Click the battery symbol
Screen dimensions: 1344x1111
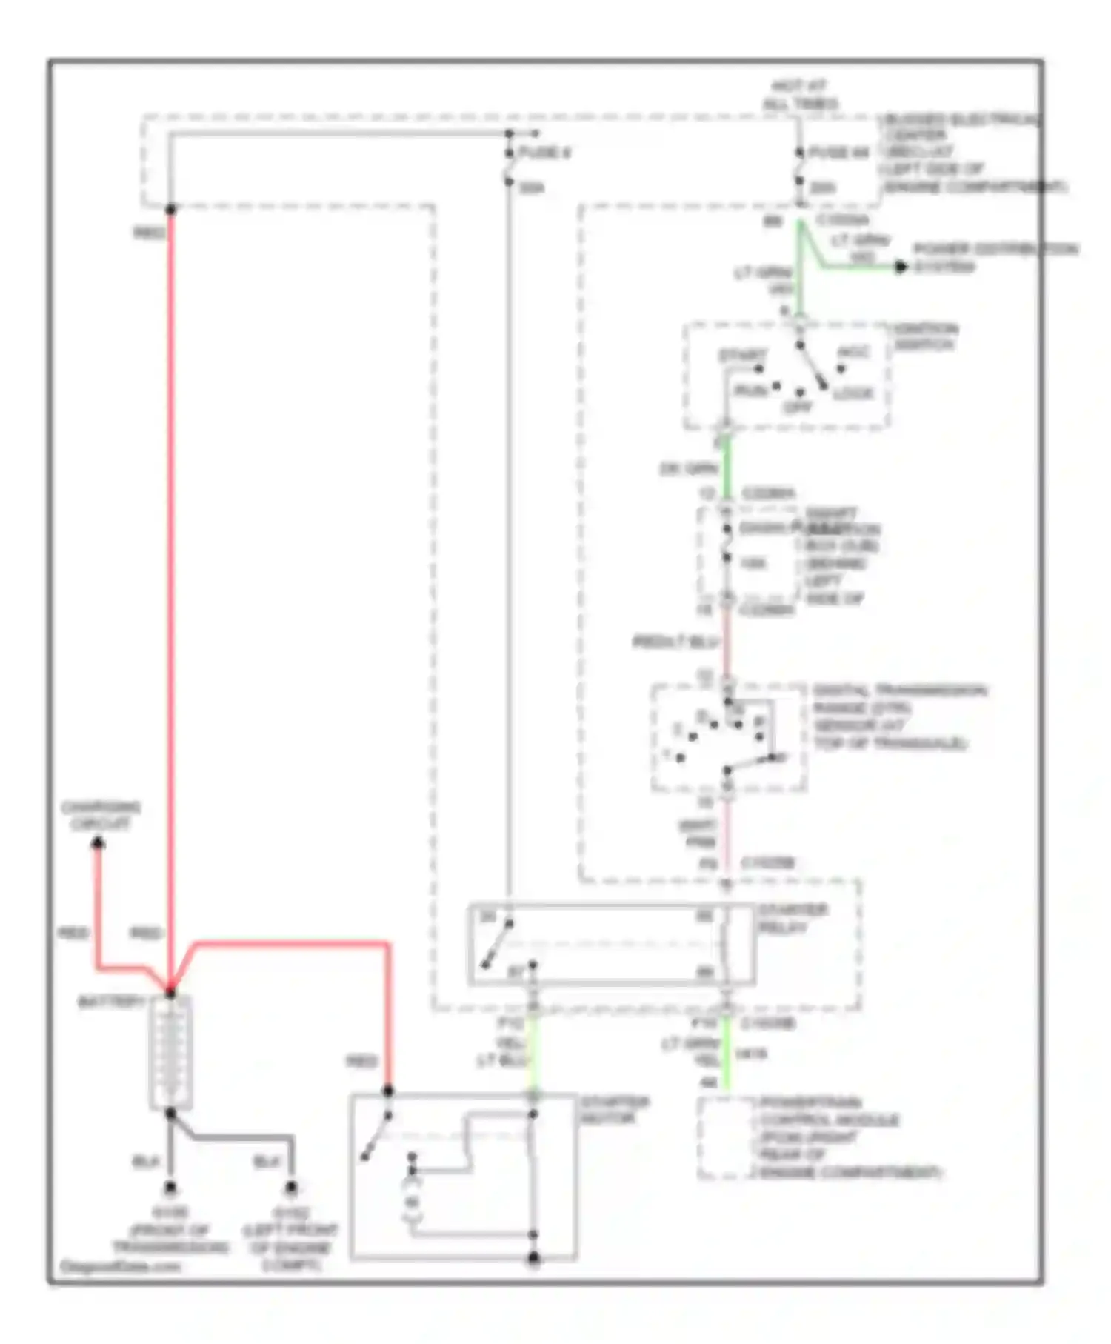pos(171,1052)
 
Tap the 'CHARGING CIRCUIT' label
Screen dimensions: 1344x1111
pos(101,815)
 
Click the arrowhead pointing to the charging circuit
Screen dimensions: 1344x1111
pos(97,843)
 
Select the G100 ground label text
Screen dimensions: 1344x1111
pos(170,1231)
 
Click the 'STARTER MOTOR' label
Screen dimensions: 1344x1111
pos(614,1110)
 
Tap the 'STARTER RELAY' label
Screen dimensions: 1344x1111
pos(793,919)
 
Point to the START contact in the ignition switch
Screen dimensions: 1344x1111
pos(759,368)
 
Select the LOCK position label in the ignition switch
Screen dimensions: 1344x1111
pos(853,393)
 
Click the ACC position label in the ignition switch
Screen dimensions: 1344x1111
pos(853,352)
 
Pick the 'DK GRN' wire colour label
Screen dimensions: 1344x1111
pos(689,469)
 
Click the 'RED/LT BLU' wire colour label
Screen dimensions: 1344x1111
pos(675,642)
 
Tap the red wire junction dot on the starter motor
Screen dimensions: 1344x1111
pos(387,1091)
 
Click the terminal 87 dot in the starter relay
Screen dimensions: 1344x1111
pos(532,965)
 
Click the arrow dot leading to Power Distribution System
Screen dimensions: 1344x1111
pos(901,267)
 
